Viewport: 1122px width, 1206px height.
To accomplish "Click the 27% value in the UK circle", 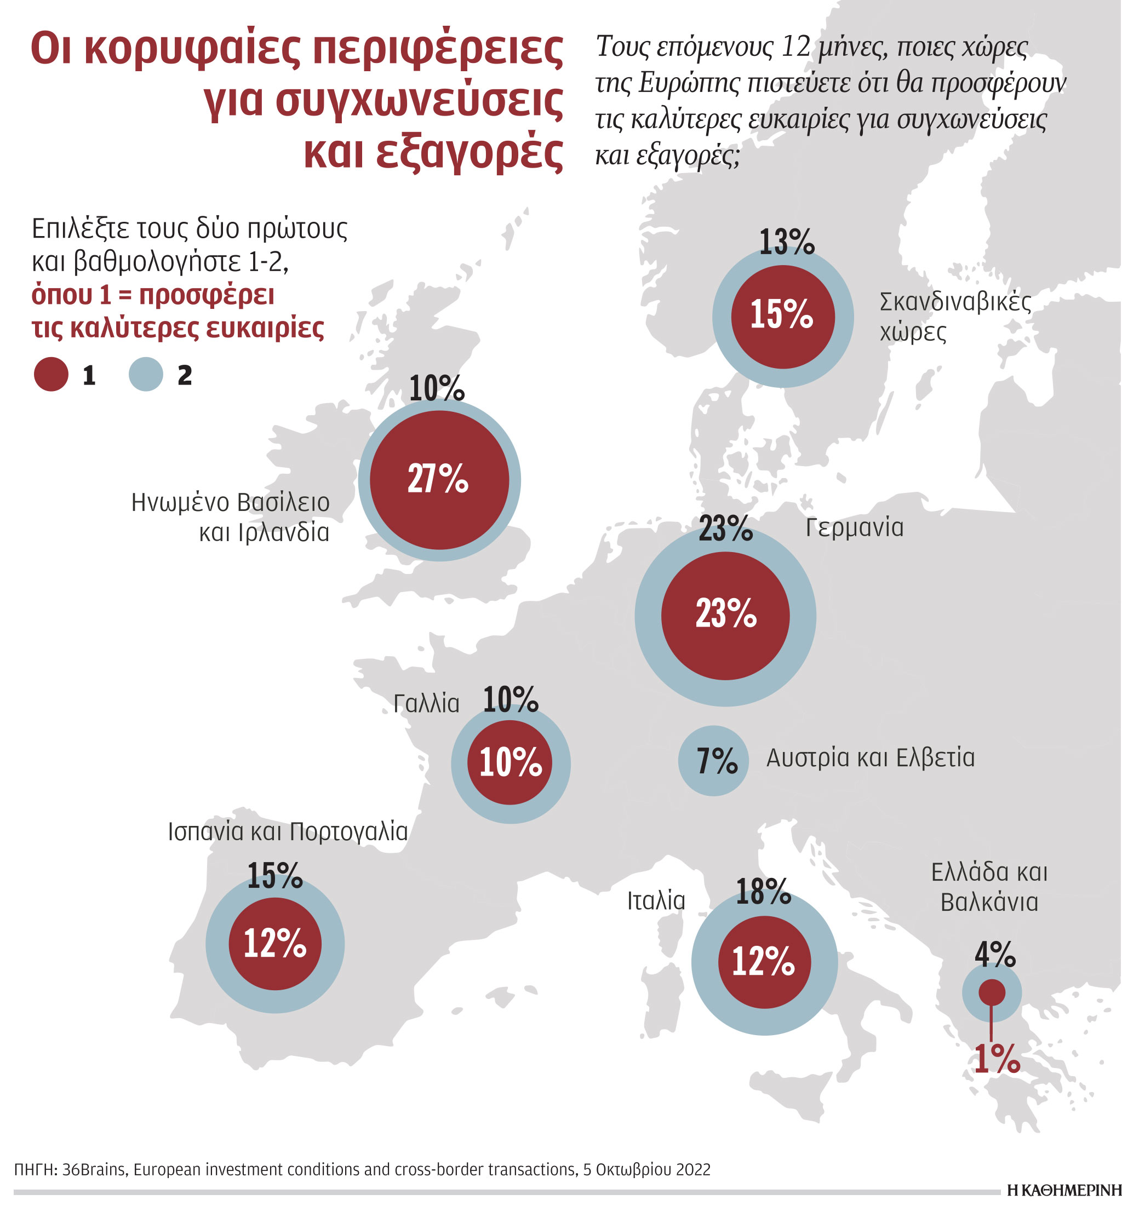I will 438,479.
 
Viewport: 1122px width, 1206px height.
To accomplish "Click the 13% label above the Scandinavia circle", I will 786,242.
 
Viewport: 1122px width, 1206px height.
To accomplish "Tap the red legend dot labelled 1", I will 51,374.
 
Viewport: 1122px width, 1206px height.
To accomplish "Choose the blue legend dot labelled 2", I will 146,374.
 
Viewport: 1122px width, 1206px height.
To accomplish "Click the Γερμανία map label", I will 854,528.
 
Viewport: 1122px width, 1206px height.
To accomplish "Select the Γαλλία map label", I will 426,704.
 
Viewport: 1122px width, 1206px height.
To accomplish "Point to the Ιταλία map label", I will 655,901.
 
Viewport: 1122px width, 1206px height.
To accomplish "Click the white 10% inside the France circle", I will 511,762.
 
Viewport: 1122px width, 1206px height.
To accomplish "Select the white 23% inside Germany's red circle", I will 726,613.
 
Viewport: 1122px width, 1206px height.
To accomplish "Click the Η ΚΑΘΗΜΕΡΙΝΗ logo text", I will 1064,1190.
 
